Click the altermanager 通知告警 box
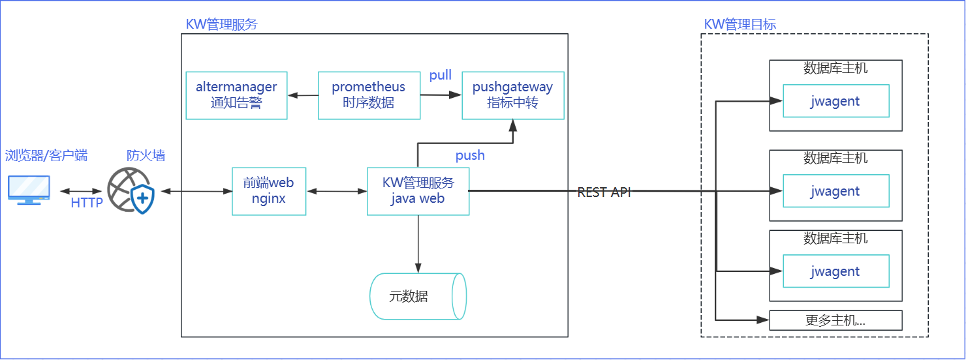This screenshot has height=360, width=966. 236,95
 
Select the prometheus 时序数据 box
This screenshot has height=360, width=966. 369,95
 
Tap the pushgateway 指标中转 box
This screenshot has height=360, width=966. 513,95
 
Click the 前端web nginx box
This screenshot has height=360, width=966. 269,191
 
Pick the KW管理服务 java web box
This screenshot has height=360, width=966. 418,191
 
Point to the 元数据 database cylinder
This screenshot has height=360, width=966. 418,296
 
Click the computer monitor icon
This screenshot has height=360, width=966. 29,190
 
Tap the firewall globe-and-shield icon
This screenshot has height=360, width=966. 131,190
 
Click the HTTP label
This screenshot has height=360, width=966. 87,203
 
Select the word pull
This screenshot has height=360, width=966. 441,76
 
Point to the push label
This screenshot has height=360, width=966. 470,155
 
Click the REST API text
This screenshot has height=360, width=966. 604,192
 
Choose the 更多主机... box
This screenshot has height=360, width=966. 835,320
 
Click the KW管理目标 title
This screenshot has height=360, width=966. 740,24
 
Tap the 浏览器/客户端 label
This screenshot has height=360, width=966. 46,155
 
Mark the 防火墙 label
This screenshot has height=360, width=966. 146,155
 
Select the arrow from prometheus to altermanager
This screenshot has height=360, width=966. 303,95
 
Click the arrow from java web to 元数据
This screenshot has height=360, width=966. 418,244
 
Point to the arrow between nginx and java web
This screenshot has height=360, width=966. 337,191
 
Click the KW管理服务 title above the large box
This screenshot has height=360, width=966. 222,24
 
